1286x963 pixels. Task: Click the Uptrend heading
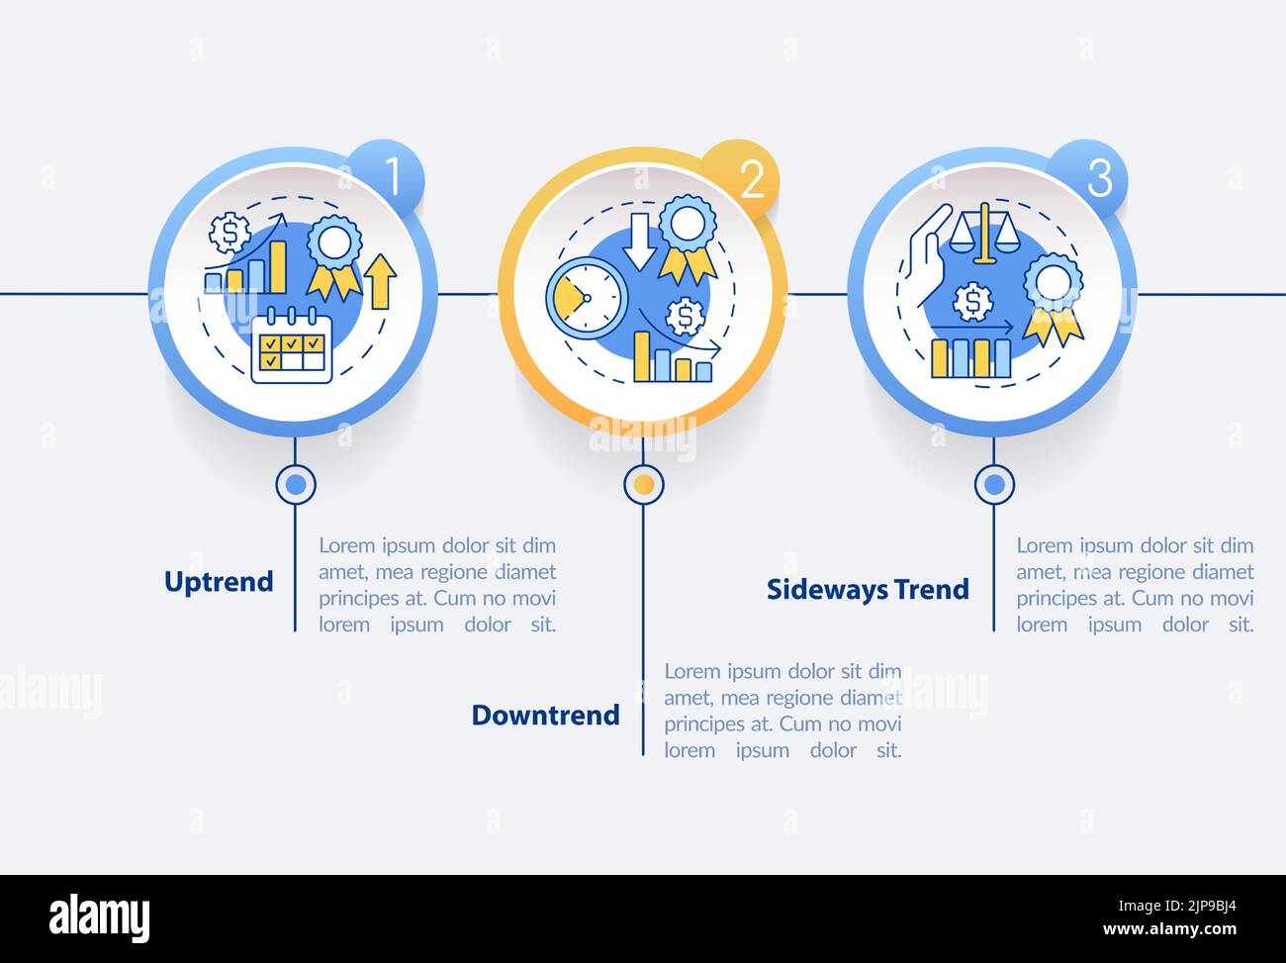click(219, 581)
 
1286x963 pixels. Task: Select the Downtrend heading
click(545, 715)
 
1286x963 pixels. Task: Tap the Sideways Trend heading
click(868, 589)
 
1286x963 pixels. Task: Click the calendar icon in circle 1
click(291, 346)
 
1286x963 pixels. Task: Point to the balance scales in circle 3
click(983, 234)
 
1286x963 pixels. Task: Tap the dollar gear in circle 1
click(230, 233)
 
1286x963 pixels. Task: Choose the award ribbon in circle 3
click(1053, 298)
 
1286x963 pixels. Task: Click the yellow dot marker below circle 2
click(643, 484)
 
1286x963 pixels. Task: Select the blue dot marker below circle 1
click(295, 484)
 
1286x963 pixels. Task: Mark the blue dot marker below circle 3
click(993, 484)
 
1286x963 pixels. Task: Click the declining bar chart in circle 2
click(673, 358)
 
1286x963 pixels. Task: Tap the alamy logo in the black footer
click(99, 919)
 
